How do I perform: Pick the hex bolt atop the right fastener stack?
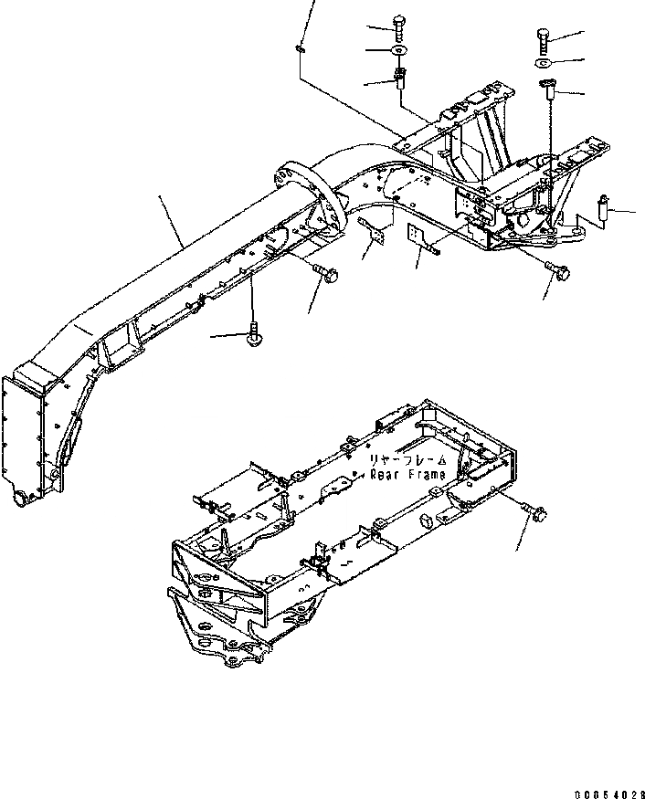click(x=540, y=41)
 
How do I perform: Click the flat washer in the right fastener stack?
click(x=542, y=64)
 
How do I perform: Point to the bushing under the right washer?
click(x=547, y=89)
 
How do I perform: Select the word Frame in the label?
click(x=427, y=475)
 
